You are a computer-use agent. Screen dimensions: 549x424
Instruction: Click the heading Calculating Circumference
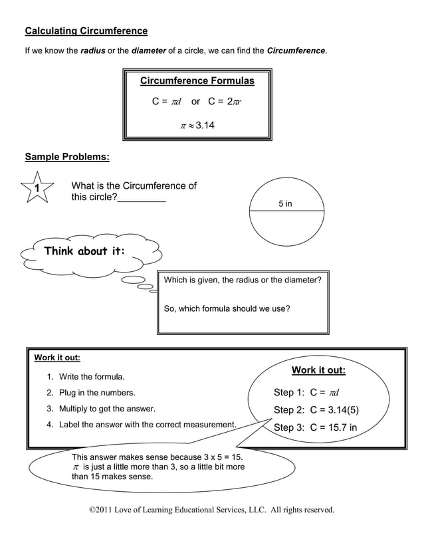[x=86, y=31]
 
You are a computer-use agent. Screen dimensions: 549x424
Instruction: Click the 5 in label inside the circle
[x=285, y=203]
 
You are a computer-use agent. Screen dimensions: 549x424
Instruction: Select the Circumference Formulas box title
[x=197, y=81]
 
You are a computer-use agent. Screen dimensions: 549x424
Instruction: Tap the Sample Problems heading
[x=67, y=157]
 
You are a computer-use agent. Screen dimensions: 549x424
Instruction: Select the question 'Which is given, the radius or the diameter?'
[x=243, y=280]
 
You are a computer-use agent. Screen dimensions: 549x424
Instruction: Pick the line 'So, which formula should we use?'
[x=227, y=308]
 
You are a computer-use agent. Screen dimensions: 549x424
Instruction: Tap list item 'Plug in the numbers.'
[x=97, y=393]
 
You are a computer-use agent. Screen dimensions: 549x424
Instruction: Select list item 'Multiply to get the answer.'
[x=107, y=408]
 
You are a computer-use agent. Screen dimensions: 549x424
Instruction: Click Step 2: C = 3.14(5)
[x=316, y=409]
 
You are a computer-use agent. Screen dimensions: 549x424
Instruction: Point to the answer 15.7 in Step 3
[x=340, y=427]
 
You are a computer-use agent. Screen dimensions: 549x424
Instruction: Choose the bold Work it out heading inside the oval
[x=318, y=370]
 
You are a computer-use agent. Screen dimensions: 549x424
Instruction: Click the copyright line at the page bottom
[x=211, y=510]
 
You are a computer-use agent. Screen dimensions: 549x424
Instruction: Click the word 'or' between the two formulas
[x=195, y=102]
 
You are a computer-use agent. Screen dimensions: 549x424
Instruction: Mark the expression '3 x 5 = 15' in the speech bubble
[x=217, y=457]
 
